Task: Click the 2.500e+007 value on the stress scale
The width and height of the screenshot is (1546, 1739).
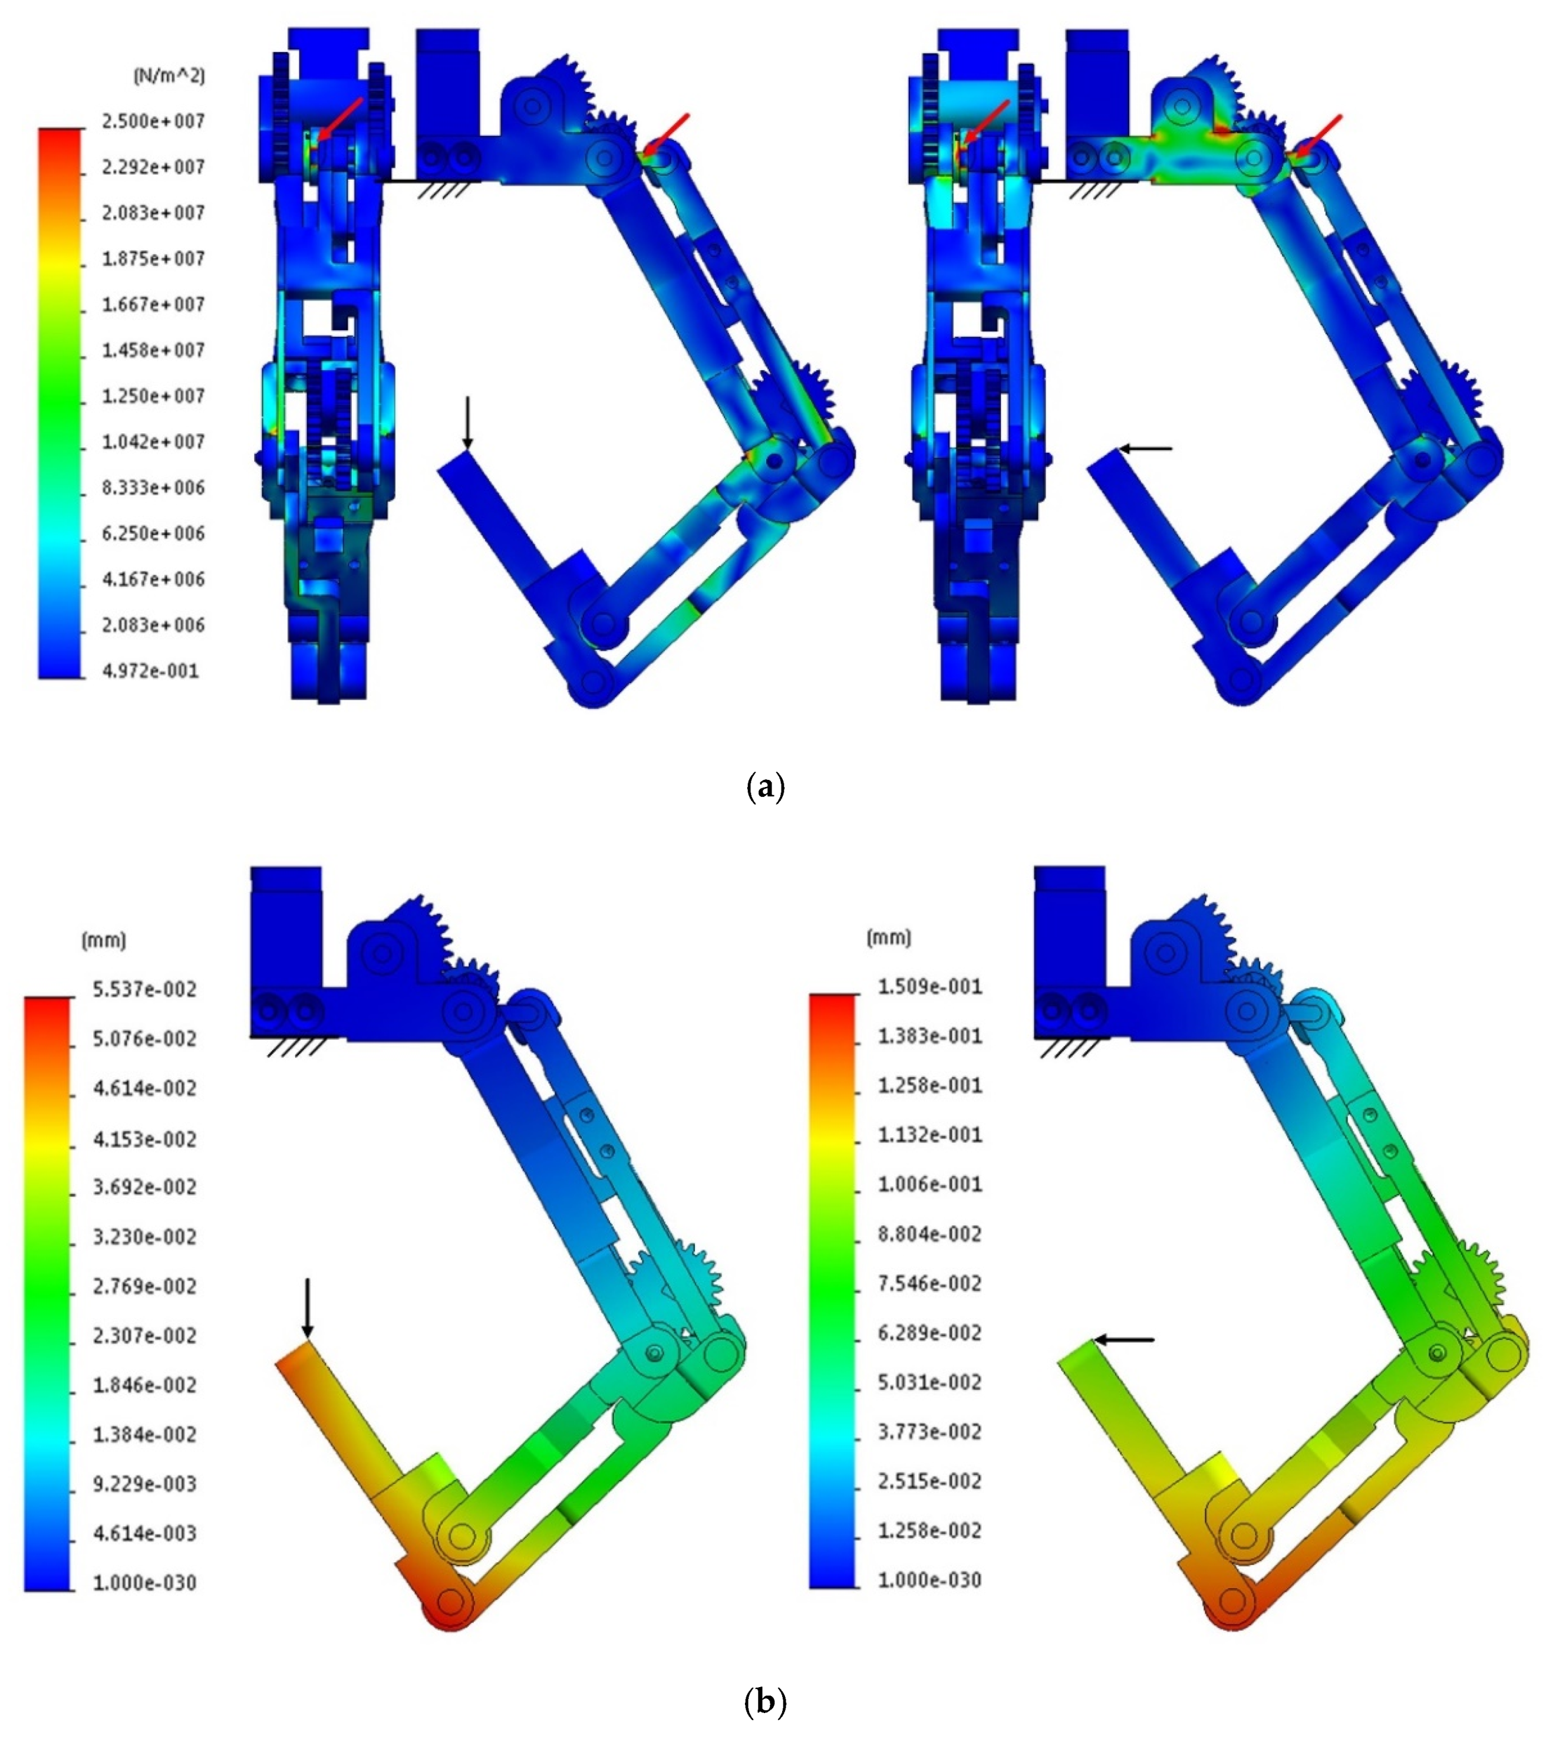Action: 153,121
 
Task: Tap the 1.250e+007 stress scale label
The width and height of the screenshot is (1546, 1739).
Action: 153,397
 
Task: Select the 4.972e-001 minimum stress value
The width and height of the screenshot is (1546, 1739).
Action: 151,671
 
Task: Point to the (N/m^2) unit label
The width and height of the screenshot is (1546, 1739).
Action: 169,75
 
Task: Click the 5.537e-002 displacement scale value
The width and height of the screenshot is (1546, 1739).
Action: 144,989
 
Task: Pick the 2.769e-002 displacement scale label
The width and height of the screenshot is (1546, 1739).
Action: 144,1286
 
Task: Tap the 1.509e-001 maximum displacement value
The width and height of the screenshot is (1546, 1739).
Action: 930,987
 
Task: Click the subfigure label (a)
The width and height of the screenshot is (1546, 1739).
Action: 764,786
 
